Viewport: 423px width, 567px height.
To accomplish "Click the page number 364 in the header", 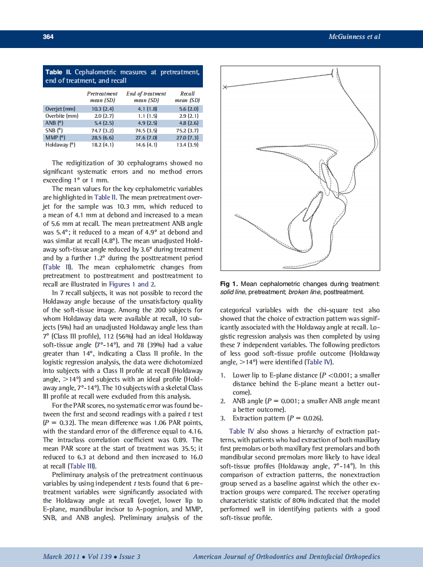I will point(48,37).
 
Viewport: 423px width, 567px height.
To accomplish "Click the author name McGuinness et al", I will point(354,37).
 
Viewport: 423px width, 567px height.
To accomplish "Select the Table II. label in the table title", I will point(59,72).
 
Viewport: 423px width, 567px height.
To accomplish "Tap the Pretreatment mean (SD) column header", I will point(102,97).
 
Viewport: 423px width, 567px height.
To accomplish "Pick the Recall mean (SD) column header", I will point(187,97).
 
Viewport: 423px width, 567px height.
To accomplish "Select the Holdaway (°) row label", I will point(57,145).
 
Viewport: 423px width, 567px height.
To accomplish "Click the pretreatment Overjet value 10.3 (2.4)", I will point(102,109).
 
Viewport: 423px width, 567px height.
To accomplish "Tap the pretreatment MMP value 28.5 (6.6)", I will point(102,137).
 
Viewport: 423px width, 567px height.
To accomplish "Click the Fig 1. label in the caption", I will point(230,284).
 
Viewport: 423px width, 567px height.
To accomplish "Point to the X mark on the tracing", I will point(225,87).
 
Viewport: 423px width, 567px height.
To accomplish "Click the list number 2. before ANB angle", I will point(223,401).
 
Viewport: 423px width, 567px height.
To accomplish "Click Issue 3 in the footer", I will point(130,557).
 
